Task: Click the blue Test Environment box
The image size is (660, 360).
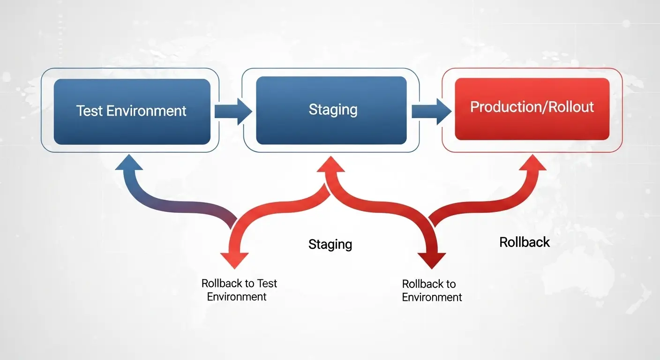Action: point(132,112)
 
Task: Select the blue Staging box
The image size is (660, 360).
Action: point(331,111)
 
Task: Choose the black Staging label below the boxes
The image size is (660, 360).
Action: point(330,244)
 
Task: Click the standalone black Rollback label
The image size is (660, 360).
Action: point(525,242)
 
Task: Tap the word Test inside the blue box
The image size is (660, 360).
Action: point(90,111)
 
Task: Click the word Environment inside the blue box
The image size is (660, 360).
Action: point(146,111)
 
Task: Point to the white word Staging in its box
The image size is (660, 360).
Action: point(333,110)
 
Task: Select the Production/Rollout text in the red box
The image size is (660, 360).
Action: point(532,107)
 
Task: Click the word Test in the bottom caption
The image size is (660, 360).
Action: point(267,283)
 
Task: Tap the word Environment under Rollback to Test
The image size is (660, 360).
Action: point(237,297)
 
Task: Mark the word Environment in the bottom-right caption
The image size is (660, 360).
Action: point(432,297)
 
